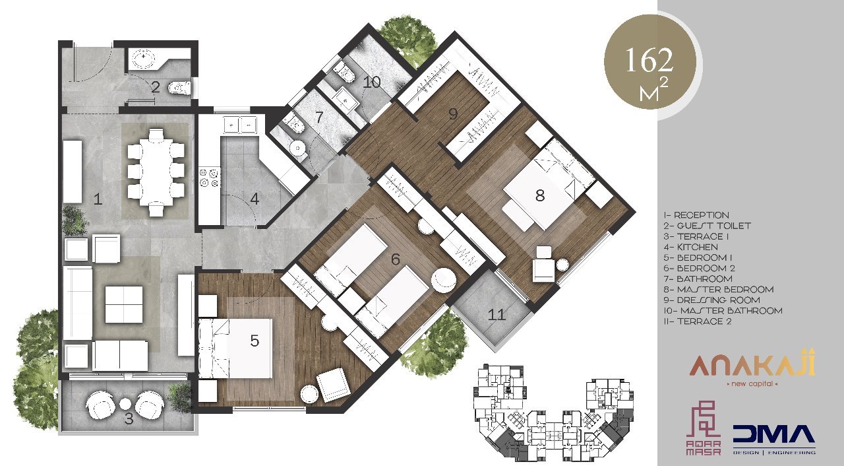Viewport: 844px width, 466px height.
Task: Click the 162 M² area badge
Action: point(649,65)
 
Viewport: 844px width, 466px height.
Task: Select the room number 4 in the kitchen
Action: point(255,199)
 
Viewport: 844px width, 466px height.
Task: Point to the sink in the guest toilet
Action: point(143,59)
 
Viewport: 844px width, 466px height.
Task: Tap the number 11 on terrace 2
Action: point(497,315)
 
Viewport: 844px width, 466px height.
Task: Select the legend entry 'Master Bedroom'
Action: point(719,290)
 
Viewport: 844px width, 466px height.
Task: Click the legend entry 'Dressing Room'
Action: point(711,300)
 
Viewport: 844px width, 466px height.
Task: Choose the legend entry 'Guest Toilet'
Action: point(708,226)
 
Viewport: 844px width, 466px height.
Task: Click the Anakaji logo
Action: point(752,367)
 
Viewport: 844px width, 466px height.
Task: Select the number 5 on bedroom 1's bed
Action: point(255,341)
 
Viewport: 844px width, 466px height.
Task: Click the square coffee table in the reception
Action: point(123,304)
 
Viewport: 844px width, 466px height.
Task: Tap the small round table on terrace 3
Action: point(125,404)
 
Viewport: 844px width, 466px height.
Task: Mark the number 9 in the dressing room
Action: point(453,114)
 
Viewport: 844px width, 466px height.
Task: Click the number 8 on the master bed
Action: point(540,195)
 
